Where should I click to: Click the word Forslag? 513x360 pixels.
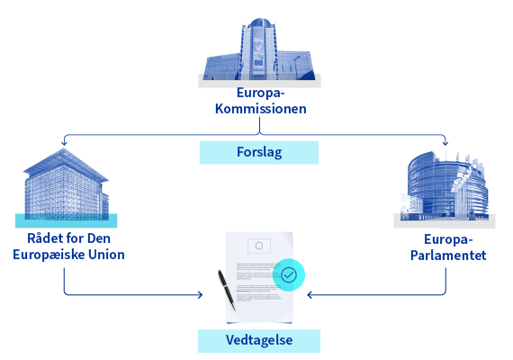pos(259,152)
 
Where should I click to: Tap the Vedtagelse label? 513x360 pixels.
pos(259,340)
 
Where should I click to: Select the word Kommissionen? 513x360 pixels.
pos(261,109)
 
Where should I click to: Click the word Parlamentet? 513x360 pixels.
pos(448,256)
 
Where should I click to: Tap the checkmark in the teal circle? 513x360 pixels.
pos(289,274)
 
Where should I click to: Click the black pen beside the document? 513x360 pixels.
pos(227,290)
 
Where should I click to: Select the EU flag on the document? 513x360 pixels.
pos(259,246)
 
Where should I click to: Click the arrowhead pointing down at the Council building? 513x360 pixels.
pos(64,143)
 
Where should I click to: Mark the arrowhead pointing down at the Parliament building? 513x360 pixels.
pos(445,143)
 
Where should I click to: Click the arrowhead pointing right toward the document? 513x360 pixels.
pos(200,295)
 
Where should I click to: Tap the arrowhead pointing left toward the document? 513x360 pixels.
pos(310,295)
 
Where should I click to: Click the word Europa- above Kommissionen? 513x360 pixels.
pos(261,94)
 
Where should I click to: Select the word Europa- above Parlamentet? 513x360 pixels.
pos(448,240)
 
